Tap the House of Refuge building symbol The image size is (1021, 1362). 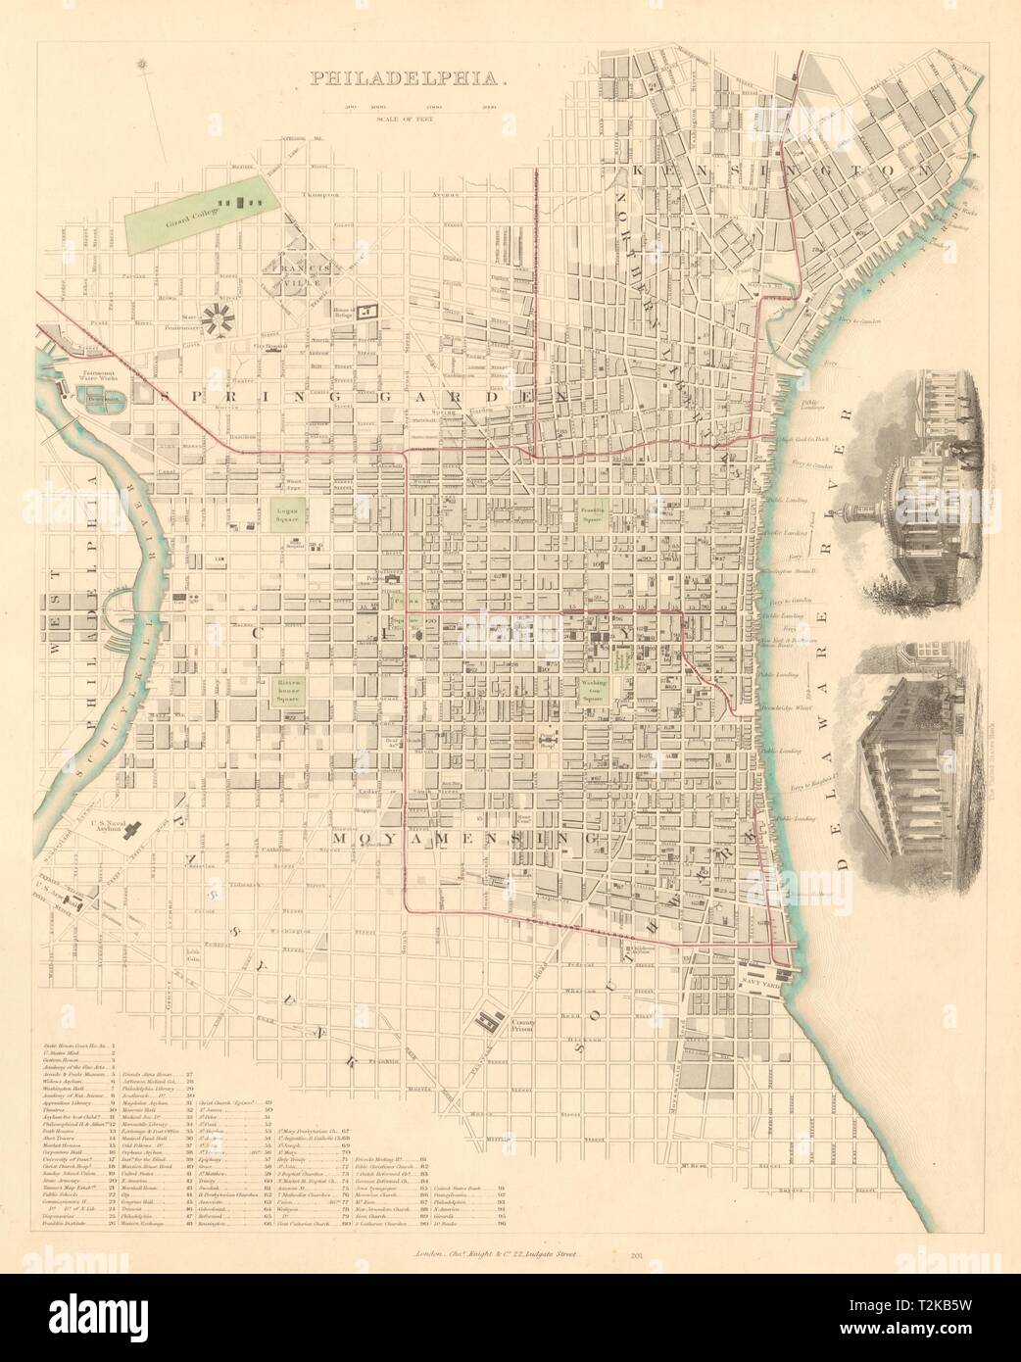coord(367,311)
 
